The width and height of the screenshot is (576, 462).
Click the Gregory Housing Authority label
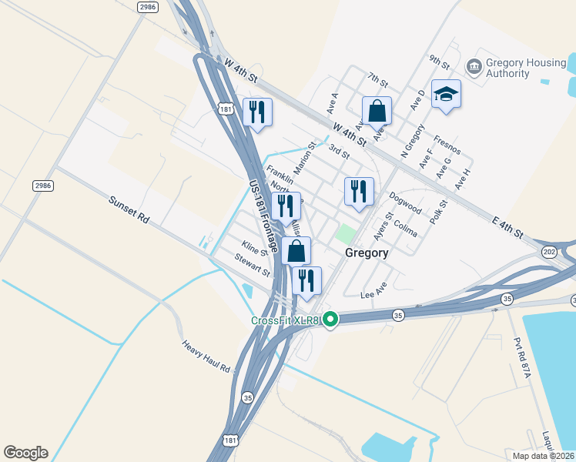point(507,68)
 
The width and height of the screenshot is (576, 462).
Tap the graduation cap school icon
point(446,95)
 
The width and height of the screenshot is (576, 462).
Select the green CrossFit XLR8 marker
point(330,318)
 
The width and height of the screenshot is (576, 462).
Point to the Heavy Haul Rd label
point(206,357)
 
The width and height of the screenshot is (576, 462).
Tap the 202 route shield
point(548,252)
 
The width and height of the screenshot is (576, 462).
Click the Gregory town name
point(367,253)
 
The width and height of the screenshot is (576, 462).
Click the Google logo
point(25,453)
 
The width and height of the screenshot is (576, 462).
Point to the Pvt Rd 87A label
point(523,359)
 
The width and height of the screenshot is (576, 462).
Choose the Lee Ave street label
point(373,294)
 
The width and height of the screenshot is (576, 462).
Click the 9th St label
point(439,60)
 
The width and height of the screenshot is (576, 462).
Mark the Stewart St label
point(253,265)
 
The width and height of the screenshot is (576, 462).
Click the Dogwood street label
point(405,203)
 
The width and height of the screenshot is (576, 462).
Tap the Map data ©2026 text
point(544,456)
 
